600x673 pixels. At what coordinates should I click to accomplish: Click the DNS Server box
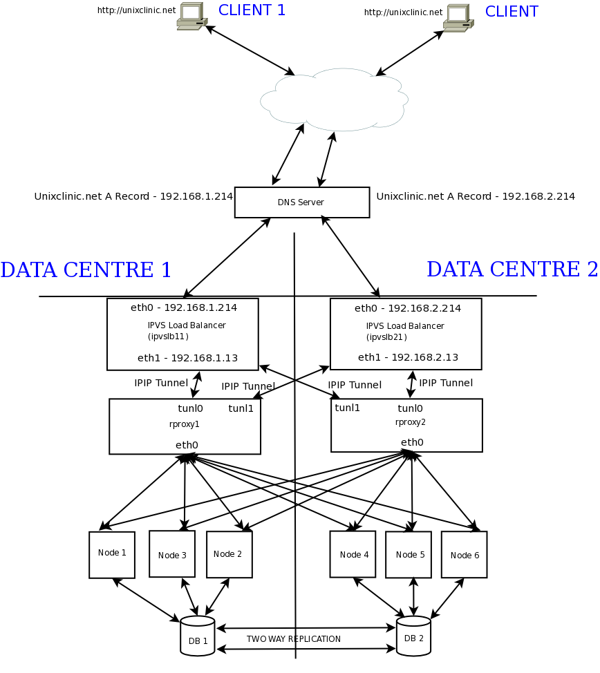[x=301, y=202]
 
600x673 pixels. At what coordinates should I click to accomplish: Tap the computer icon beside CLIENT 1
[x=191, y=17]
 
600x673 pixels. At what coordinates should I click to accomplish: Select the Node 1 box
[x=111, y=554]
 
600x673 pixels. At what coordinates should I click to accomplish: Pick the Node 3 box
[x=171, y=554]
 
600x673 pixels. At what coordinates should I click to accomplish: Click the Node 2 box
[x=229, y=554]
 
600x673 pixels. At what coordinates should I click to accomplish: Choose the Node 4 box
[x=353, y=554]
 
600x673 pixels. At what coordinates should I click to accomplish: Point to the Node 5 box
[x=408, y=554]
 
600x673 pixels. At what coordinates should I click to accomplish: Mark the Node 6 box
[x=464, y=555]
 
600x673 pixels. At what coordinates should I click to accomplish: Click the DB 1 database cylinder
[x=198, y=636]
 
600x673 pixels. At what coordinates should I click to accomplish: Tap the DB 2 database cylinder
[x=414, y=636]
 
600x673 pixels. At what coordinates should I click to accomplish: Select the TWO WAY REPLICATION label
[x=294, y=639]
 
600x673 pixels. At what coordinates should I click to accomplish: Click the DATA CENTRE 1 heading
[x=86, y=269]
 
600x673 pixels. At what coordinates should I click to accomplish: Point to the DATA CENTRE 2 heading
[x=512, y=269]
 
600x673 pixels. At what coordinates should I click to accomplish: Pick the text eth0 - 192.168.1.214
[x=183, y=307]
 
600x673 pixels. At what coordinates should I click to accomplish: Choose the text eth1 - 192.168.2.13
[x=408, y=357]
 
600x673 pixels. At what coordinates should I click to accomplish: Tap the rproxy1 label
[x=185, y=424]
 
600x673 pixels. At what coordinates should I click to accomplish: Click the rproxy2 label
[x=411, y=422]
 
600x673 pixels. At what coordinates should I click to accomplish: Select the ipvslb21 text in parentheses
[x=386, y=337]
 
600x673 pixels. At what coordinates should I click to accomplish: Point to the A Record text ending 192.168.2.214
[x=476, y=196]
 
